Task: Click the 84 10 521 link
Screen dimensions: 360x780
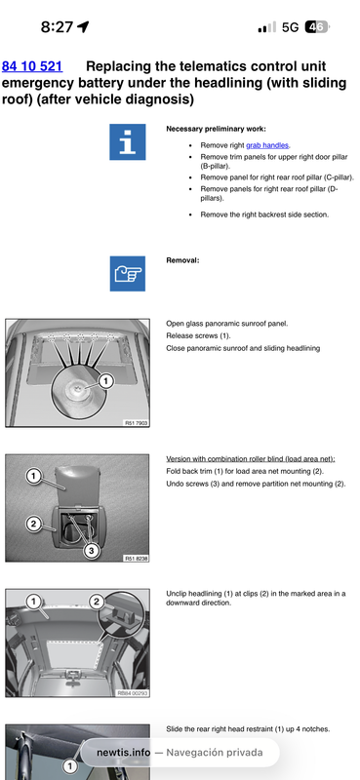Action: coord(32,66)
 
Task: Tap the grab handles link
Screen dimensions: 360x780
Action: coord(268,145)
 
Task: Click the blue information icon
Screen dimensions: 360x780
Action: coord(128,141)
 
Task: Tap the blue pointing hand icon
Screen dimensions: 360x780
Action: coord(128,274)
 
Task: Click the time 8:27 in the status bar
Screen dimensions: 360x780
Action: coord(57,27)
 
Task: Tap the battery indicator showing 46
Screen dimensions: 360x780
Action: coord(317,27)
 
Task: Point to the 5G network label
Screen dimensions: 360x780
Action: coord(290,27)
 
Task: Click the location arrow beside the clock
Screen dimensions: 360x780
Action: coord(83,27)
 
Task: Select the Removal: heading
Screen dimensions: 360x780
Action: coord(182,260)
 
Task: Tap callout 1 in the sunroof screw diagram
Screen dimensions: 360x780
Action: coord(105,381)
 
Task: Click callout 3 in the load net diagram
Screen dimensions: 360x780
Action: coord(91,551)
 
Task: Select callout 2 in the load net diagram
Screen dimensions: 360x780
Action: coord(33,524)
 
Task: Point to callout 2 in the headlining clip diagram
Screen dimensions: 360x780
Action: coord(97,602)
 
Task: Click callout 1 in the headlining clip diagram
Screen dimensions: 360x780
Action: coord(33,602)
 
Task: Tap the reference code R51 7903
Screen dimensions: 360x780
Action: coord(136,423)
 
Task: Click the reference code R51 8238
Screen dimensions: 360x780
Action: coord(136,558)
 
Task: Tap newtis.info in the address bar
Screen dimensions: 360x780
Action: coord(123,752)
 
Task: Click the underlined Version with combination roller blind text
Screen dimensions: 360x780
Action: coord(251,458)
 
